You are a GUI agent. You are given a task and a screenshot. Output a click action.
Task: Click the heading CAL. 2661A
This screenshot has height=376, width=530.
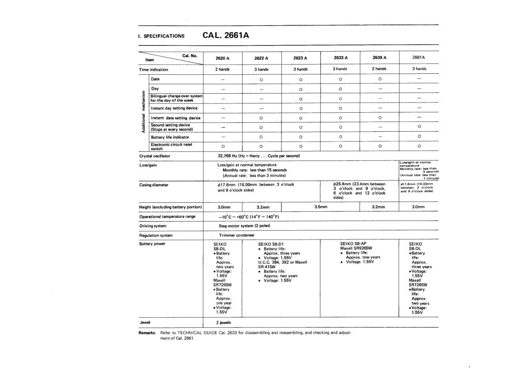pos(226,35)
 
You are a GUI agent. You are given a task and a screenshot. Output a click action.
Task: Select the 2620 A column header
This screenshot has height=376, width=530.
pos(223,58)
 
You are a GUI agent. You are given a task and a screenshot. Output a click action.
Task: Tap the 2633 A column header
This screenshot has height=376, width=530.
pos(340,58)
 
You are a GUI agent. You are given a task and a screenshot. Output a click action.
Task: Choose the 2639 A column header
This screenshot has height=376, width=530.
pos(379,58)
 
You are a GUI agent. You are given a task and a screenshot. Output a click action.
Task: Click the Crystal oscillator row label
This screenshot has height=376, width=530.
pos(155,156)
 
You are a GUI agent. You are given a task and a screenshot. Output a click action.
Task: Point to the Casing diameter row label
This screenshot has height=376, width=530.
pos(154,185)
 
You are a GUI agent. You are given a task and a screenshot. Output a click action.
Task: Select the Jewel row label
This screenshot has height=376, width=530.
pos(145,322)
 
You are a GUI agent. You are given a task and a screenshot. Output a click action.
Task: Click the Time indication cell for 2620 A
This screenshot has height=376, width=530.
pos(223,69)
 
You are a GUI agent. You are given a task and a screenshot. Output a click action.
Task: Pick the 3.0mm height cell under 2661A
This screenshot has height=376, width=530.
pos(418,207)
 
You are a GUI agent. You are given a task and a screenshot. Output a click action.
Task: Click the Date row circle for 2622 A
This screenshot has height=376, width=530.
pos(261,80)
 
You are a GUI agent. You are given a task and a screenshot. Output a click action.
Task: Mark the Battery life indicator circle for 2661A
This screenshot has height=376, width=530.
pos(419,137)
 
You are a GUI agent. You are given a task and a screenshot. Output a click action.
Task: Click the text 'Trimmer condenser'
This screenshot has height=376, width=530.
pos(237,235)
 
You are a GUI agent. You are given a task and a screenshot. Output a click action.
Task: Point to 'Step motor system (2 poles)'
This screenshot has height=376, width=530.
pos(244,226)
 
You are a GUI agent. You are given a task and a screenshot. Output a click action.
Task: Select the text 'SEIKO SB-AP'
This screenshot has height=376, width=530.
pos(353,243)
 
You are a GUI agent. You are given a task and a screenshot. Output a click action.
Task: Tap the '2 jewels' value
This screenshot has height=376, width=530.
pos(225,323)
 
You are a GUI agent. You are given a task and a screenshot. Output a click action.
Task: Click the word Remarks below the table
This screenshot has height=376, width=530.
pos(147,333)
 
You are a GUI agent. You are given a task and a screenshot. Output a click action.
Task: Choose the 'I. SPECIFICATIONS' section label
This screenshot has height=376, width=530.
pos(161,36)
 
